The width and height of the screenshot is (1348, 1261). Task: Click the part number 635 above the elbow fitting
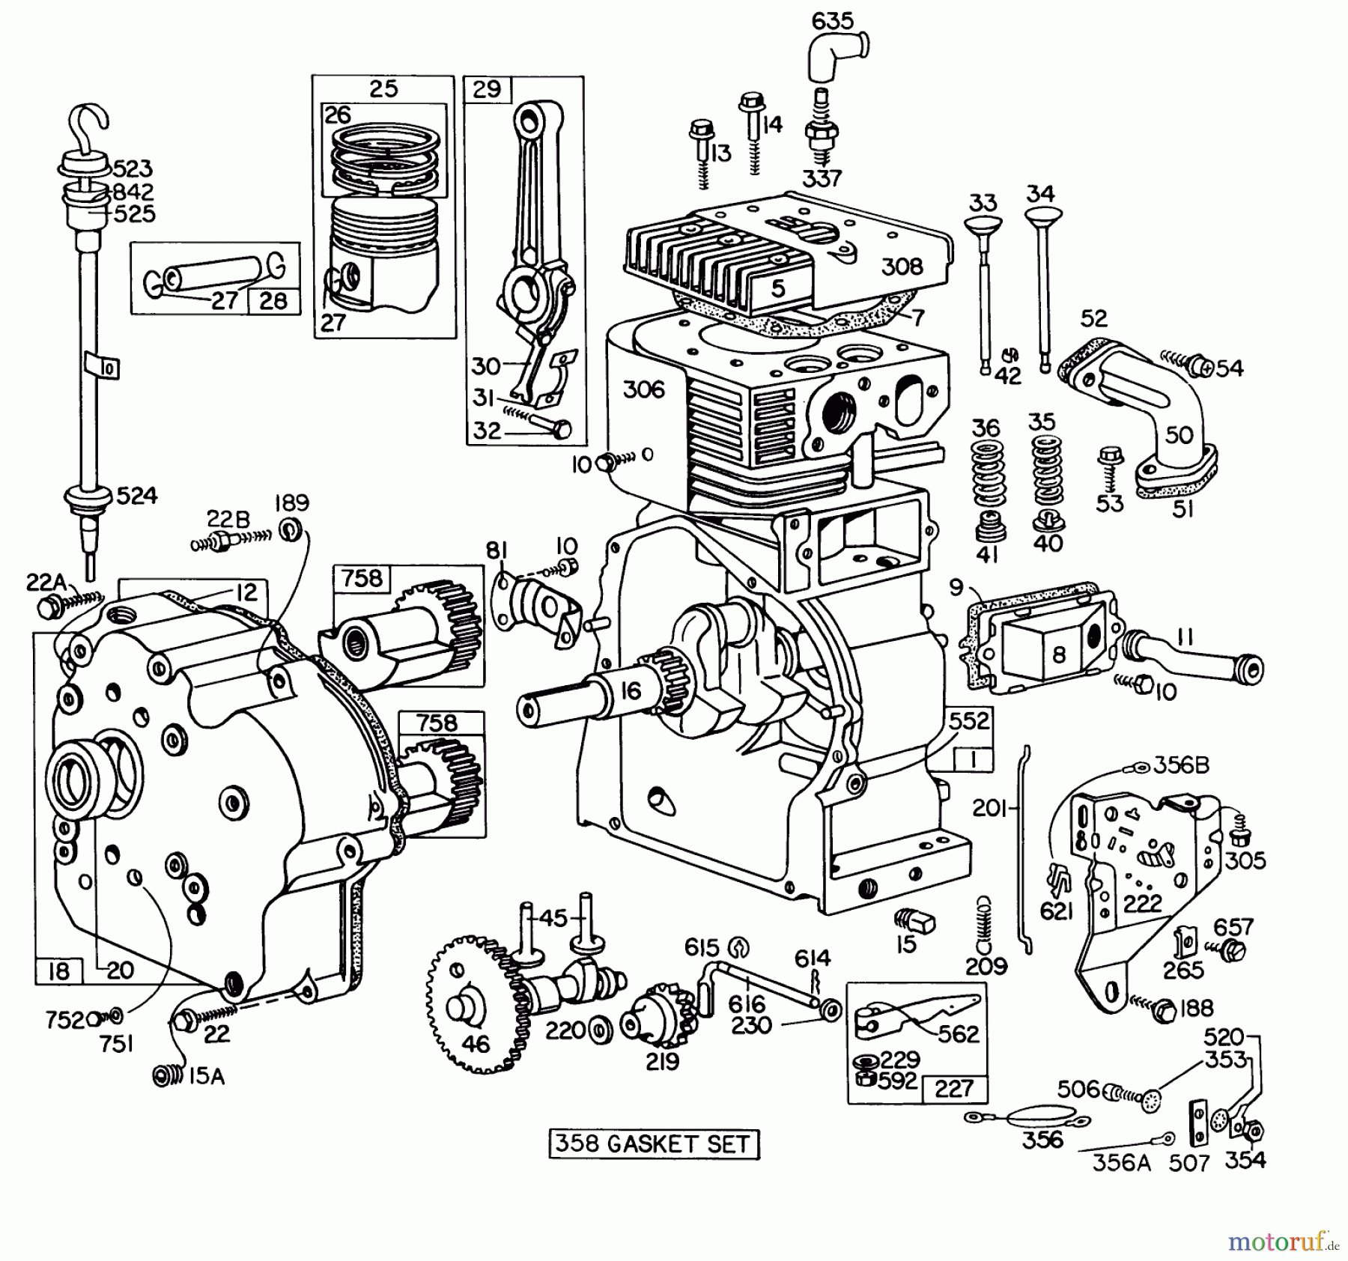tap(833, 20)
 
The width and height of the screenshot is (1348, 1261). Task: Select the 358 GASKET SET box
tap(654, 1144)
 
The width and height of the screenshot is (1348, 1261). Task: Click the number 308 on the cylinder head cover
tap(902, 266)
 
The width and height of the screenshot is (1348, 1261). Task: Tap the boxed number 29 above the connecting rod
tap(488, 89)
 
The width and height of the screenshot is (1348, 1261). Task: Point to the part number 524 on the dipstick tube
tap(136, 495)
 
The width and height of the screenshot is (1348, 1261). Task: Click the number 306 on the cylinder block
tap(643, 389)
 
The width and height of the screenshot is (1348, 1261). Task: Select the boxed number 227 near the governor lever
tap(953, 1088)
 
